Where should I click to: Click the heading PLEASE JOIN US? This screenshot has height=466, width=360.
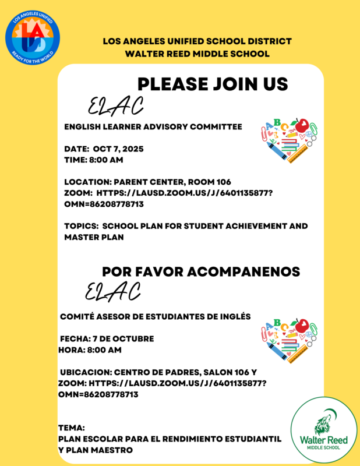pos(213,84)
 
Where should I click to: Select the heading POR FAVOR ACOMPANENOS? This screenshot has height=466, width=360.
pos(201,272)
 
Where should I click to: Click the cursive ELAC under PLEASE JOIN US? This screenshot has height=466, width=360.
pos(115,105)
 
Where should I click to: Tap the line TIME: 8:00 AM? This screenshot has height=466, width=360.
pos(93,160)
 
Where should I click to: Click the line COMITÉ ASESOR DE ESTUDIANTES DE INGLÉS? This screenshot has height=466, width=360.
pos(156,316)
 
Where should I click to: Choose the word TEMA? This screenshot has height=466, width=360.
pos(72,427)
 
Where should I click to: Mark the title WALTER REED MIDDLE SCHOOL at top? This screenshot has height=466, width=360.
pos(197,54)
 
